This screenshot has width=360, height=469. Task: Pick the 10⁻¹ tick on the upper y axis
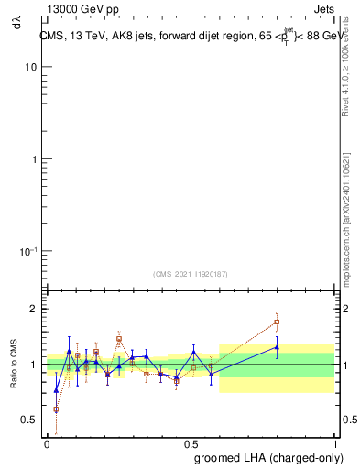(x=28, y=251)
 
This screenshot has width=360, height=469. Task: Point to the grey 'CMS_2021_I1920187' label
(x=191, y=273)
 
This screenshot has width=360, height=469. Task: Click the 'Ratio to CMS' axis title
(x=14, y=361)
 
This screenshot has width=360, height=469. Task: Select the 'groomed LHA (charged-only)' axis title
(x=264, y=455)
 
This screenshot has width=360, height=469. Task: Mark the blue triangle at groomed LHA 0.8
(x=277, y=347)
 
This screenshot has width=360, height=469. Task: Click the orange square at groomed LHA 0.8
(x=277, y=322)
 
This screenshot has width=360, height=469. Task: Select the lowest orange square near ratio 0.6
(x=56, y=409)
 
